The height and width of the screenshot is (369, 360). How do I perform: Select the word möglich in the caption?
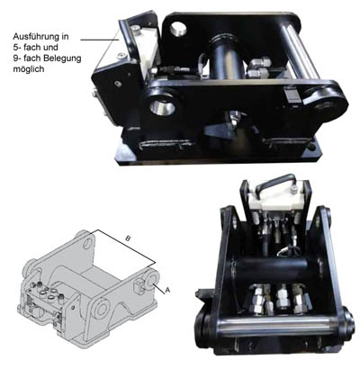(x=29, y=69)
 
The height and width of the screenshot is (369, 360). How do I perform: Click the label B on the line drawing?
(x=128, y=238)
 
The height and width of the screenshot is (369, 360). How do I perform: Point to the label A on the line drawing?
(x=167, y=290)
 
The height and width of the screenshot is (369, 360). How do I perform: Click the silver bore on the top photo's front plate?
(x=162, y=106)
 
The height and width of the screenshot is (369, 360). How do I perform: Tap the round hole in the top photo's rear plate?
(x=178, y=29)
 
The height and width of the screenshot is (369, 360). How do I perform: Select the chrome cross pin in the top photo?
(x=300, y=51)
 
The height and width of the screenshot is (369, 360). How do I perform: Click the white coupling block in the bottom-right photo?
(x=276, y=200)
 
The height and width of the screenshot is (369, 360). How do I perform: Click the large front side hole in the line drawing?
(x=103, y=308)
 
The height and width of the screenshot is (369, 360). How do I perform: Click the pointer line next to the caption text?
(x=100, y=40)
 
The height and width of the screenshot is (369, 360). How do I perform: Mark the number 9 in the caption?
(x=15, y=58)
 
